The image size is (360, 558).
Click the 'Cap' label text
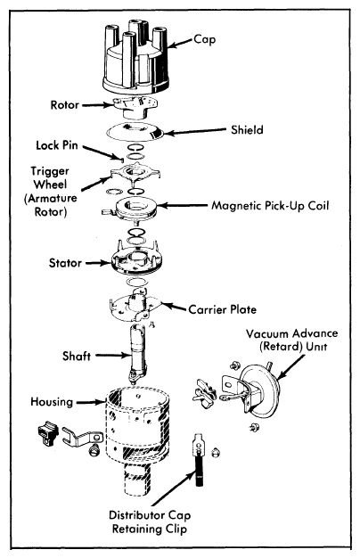click(x=205, y=39)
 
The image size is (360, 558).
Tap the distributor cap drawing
click(x=135, y=59)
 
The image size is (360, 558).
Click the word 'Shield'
click(x=247, y=129)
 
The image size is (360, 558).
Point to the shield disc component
click(x=135, y=133)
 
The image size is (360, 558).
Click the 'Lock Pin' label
click(x=57, y=144)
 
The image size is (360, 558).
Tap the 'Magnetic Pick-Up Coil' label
click(x=270, y=206)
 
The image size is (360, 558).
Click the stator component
click(x=136, y=258)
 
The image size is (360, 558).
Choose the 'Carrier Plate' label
click(x=223, y=309)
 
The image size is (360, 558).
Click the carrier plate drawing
click(x=135, y=306)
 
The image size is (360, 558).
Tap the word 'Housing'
click(x=52, y=402)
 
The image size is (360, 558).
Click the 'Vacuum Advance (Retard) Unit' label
click(x=292, y=340)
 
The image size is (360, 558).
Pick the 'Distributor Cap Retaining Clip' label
click(x=150, y=522)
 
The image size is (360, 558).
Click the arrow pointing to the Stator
click(x=99, y=263)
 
